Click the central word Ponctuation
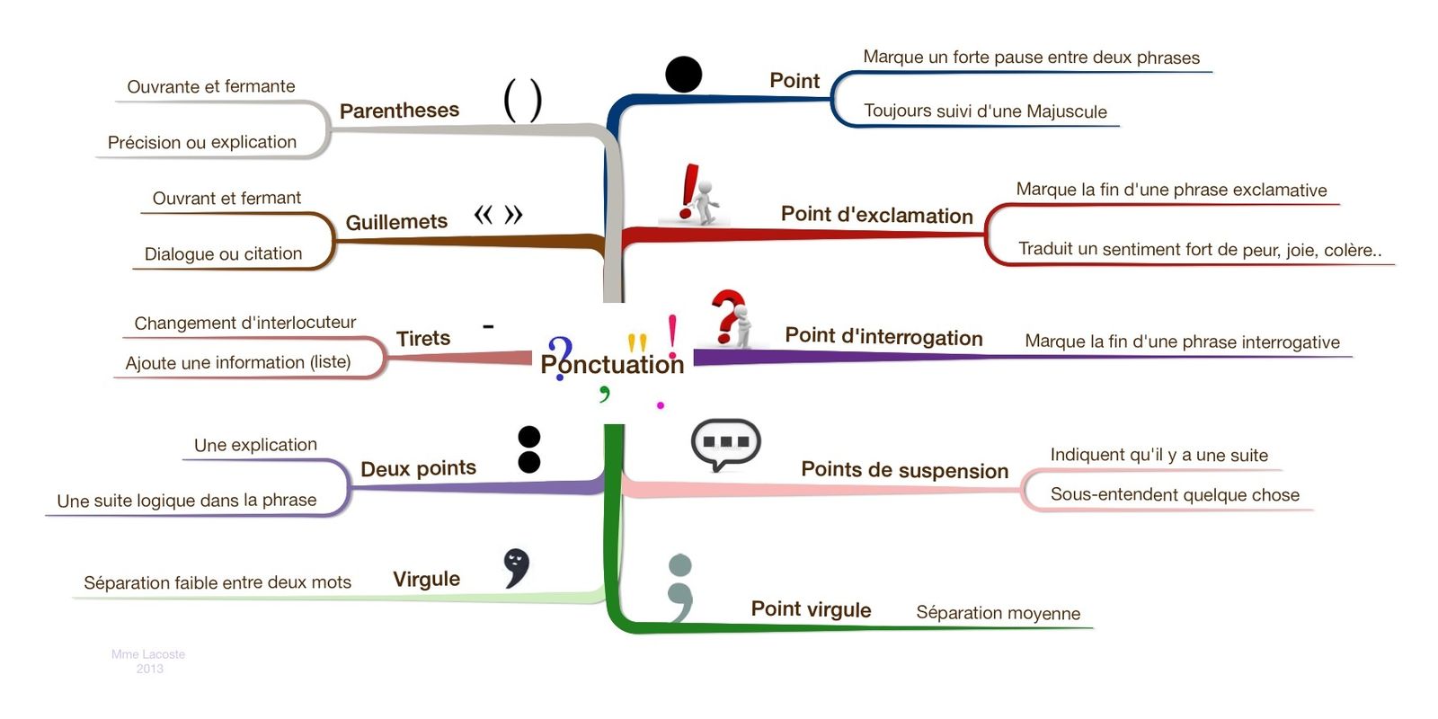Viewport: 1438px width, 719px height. tap(612, 364)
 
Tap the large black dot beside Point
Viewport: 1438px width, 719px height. tap(683, 74)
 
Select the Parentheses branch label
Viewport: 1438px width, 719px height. tap(399, 111)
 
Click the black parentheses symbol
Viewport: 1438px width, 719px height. tap(522, 100)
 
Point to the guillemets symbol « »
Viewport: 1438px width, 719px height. tap(498, 215)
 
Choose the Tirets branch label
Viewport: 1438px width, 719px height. tap(422, 339)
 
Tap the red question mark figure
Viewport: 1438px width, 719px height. tap(732, 318)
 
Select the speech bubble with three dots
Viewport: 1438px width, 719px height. tap(725, 444)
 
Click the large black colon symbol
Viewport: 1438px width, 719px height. tap(529, 449)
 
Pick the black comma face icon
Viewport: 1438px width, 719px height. tap(516, 567)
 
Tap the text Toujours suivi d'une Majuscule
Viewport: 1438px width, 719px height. tap(985, 111)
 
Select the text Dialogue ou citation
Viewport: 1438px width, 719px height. tap(223, 254)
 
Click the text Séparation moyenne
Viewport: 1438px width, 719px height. tap(998, 613)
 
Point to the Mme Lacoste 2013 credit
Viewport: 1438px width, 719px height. tap(148, 661)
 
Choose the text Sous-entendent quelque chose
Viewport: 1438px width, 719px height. tap(1174, 494)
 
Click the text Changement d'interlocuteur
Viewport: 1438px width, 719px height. tap(244, 323)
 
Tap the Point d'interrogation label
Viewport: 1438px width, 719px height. tap(883, 337)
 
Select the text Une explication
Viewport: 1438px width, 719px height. tap(255, 445)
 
